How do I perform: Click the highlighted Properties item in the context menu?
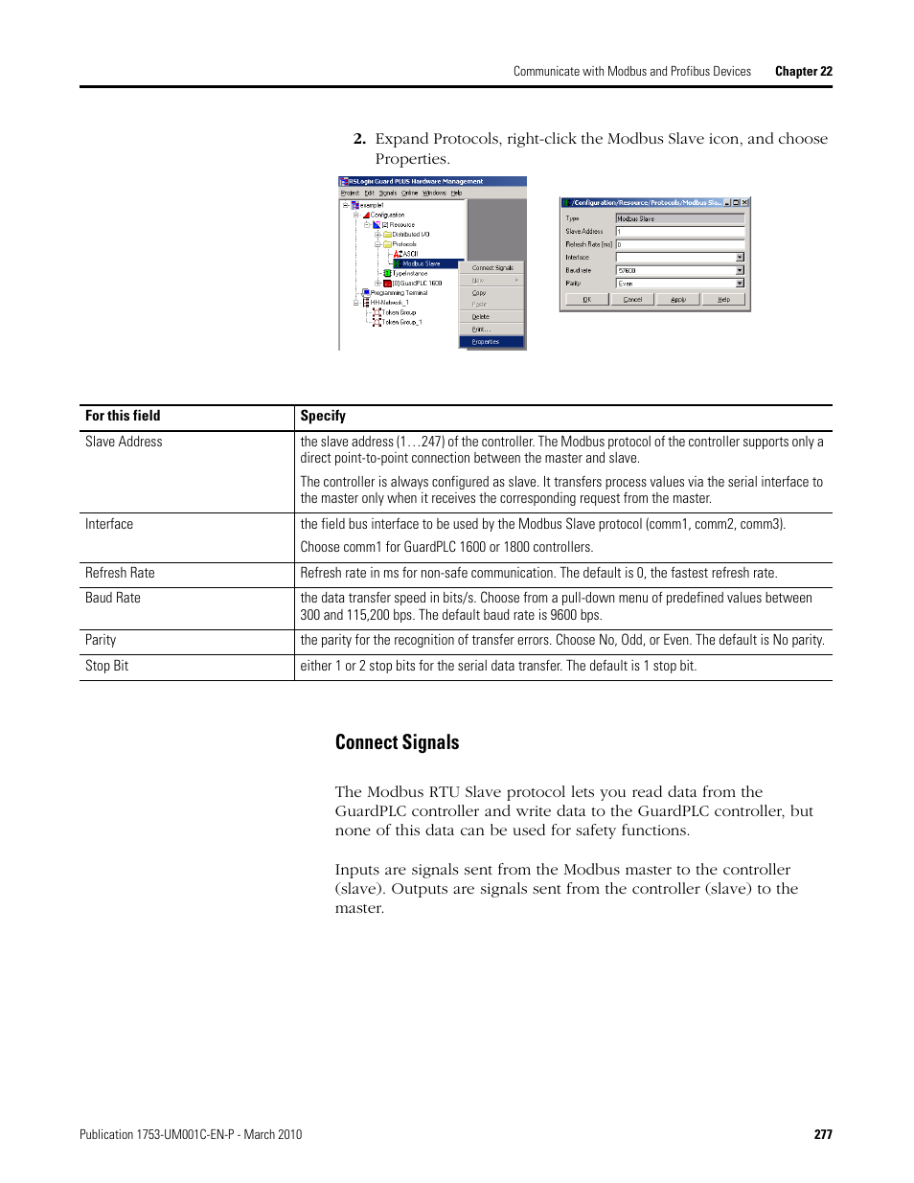487,342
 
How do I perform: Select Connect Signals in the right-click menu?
492,268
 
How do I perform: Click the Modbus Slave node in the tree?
421,263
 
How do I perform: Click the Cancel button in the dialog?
632,300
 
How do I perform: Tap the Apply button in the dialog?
678,300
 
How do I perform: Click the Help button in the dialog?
723,300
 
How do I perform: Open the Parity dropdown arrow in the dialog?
740,284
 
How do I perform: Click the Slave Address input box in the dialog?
679,232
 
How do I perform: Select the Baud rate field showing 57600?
674,271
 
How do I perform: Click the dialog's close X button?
745,203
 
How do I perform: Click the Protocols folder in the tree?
403,244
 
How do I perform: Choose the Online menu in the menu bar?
409,193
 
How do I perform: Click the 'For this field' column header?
123,416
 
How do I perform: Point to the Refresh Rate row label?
120,573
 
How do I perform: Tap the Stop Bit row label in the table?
106,666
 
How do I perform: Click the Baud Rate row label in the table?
113,598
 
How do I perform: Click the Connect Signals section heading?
397,742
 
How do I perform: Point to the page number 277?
823,1134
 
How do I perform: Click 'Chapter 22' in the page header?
803,71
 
